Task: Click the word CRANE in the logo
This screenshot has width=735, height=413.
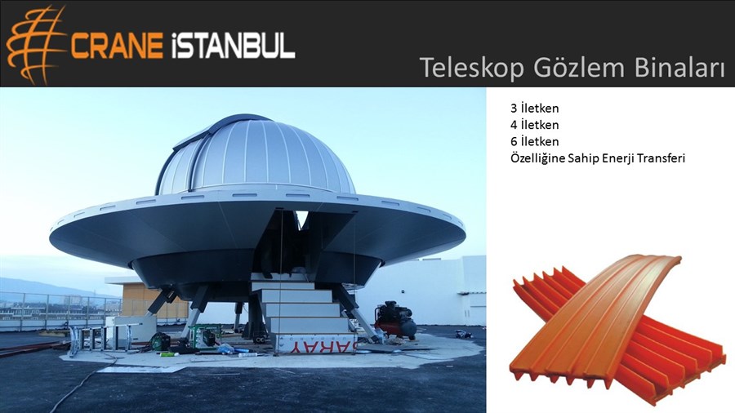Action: (x=116, y=46)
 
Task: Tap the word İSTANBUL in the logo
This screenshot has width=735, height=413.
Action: (x=233, y=45)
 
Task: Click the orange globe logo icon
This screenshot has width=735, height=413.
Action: (x=34, y=45)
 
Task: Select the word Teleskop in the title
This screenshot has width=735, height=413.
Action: (x=471, y=68)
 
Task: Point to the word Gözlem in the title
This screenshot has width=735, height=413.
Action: (x=579, y=68)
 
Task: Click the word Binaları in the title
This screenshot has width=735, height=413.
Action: (x=679, y=67)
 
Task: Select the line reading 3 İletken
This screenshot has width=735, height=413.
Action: (x=534, y=109)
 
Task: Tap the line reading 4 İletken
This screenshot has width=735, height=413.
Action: (x=534, y=125)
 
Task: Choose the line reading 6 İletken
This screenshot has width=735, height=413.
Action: (x=534, y=141)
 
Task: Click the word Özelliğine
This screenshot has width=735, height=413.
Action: (x=537, y=158)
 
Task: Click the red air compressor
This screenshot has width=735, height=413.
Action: (x=395, y=319)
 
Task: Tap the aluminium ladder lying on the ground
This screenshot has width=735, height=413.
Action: (x=100, y=338)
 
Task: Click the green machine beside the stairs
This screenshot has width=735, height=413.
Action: (x=205, y=335)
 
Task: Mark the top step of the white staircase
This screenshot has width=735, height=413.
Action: (x=283, y=285)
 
